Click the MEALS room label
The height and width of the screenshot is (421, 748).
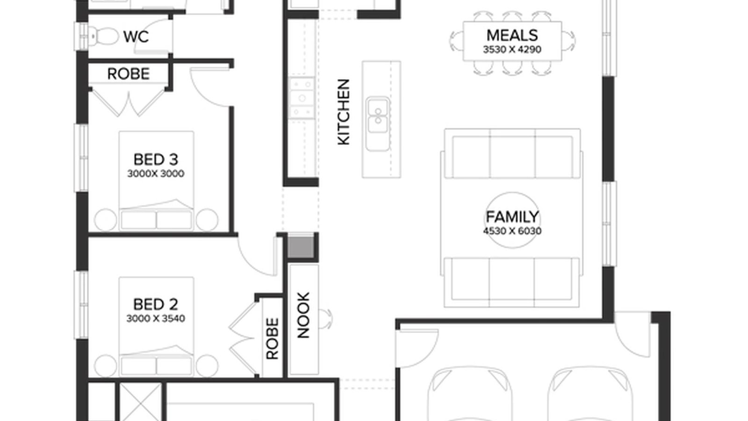click(512, 35)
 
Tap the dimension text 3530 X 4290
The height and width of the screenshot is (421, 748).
click(512, 49)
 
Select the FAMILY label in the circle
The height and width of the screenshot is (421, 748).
click(512, 217)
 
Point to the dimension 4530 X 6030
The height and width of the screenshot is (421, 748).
click(512, 231)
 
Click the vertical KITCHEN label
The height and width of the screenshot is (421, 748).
click(344, 112)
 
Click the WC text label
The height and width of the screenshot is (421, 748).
click(136, 36)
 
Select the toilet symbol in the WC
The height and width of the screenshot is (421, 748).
click(104, 36)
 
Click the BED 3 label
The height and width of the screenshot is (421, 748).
click(156, 160)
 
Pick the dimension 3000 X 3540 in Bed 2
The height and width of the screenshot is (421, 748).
click(156, 319)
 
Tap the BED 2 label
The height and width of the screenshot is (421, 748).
click(156, 305)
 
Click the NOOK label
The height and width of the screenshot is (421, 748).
click(303, 315)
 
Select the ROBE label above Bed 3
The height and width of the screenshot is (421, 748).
click(129, 74)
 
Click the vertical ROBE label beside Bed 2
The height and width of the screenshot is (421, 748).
click(272, 339)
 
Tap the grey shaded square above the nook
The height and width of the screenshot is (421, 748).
click(300, 247)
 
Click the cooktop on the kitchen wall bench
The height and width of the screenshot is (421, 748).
click(302, 98)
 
